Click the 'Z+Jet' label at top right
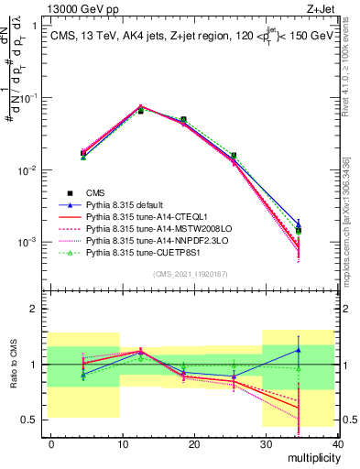(327, 8)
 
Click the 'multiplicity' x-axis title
(311, 456)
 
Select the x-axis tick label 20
(195, 442)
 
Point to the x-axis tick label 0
(51, 442)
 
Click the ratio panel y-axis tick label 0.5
(31, 420)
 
